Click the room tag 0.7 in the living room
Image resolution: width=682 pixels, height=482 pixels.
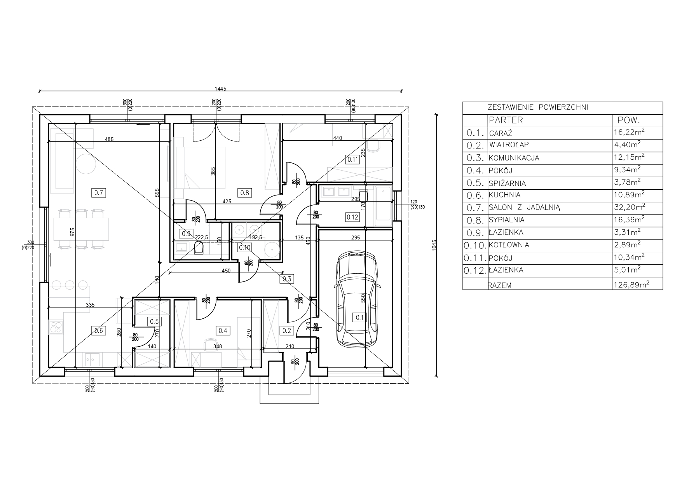coord(99,192)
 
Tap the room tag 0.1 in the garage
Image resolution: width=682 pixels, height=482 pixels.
coord(359,317)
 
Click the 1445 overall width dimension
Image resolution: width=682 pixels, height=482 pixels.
coord(220,89)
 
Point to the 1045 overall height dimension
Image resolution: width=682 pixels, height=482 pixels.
coord(435,245)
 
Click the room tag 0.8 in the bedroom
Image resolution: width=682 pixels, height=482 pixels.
coord(244,192)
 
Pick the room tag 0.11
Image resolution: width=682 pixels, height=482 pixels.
coord(352,159)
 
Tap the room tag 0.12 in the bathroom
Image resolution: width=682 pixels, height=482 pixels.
coord(352,217)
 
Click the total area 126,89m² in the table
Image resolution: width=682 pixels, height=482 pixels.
coord(632,285)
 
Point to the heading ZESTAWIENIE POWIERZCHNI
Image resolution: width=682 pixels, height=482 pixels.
coord(538,108)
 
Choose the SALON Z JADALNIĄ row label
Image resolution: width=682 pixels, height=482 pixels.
coord(524,208)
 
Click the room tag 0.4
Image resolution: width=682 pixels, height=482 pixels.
coord(223,330)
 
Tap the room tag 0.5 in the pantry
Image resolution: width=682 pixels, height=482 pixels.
coord(154,321)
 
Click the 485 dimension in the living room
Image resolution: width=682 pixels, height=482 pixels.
coord(109,139)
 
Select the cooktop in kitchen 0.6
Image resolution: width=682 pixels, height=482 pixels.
coord(56,327)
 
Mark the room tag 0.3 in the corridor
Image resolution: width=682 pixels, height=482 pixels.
coord(287,278)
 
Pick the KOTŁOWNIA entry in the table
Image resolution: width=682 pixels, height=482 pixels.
coord(509,245)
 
